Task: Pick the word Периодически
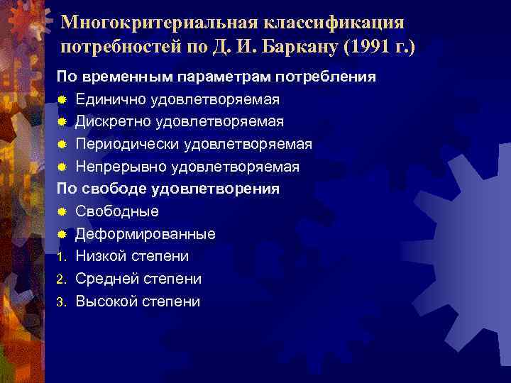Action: [x=127, y=144]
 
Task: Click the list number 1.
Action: [x=62, y=257]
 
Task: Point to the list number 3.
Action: [x=62, y=302]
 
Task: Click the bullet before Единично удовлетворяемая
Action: [x=62, y=99]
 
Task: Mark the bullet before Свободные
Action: [x=62, y=212]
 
